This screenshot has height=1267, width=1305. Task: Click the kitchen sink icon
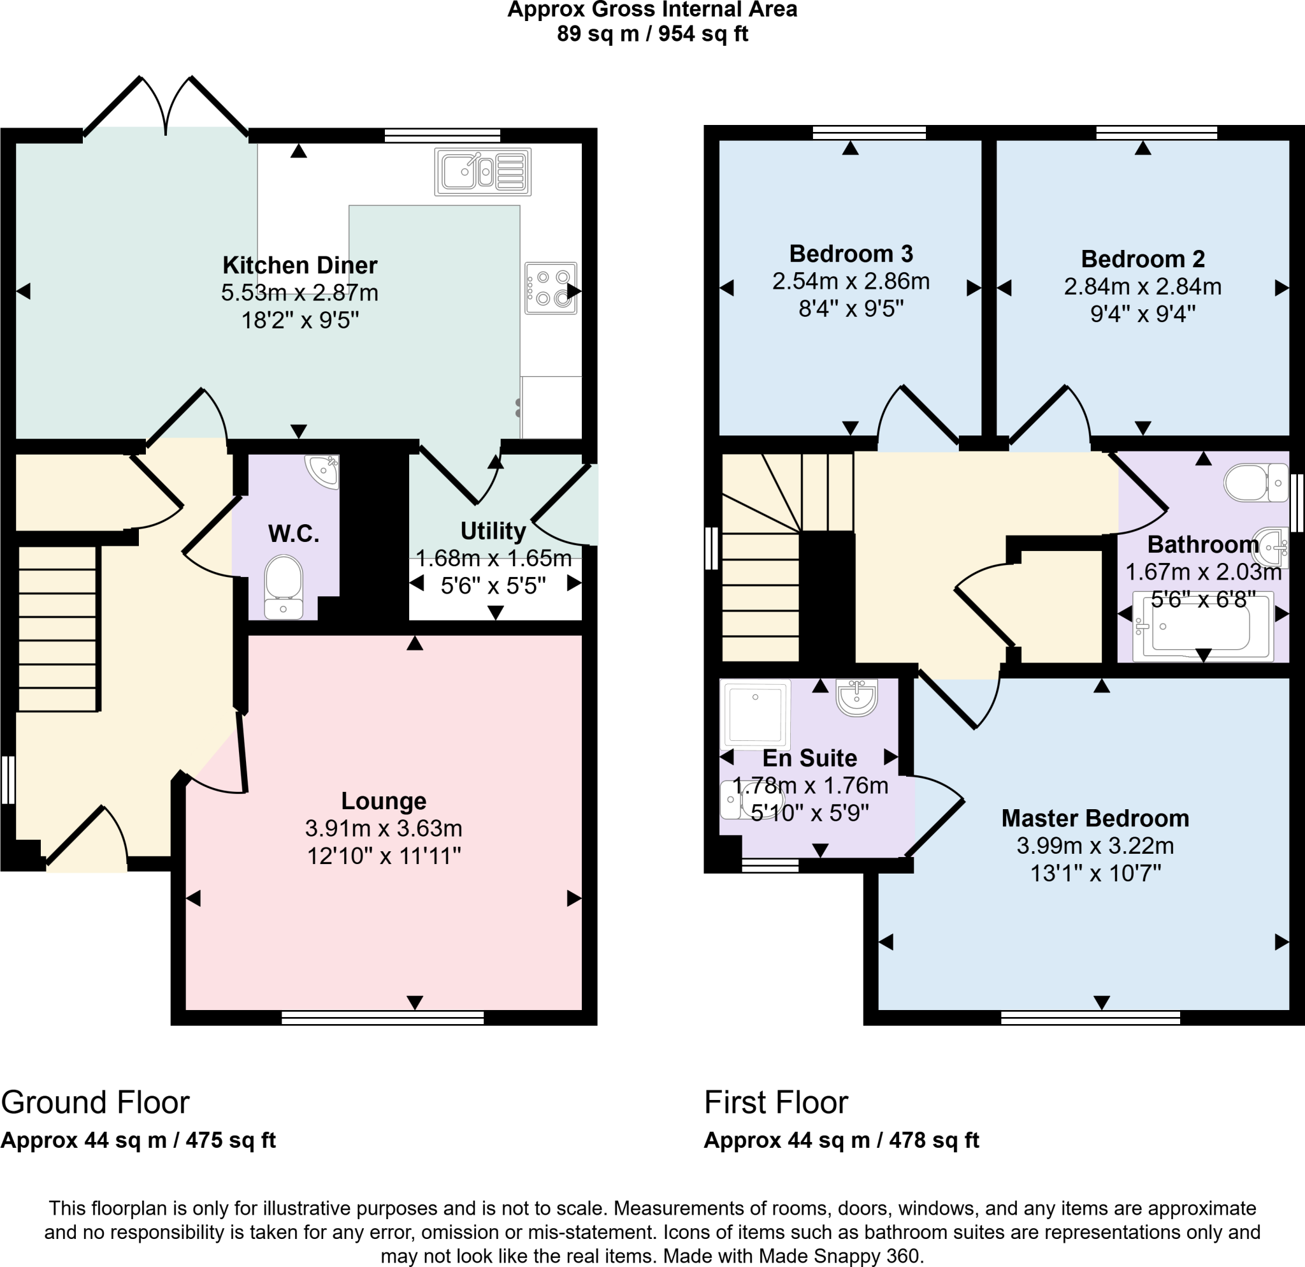pos(483,172)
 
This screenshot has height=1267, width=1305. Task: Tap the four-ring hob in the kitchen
pos(551,288)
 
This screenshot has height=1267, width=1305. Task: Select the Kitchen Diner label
pos(299,265)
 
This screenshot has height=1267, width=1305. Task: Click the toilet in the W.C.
pos(284,586)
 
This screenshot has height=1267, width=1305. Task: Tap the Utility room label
pos(493,531)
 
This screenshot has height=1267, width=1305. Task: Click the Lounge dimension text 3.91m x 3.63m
pos(384,828)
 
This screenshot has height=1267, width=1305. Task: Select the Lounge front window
pos(383,1017)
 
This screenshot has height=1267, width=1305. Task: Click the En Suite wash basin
pos(857,697)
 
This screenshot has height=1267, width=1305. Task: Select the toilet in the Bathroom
pos(1256,483)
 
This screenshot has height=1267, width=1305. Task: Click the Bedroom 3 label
pos(851,254)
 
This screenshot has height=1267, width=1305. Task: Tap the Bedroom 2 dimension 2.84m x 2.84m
pos(1143,286)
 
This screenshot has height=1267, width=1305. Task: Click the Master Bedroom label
pos(1095,818)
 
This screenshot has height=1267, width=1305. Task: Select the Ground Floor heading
pos(95,1102)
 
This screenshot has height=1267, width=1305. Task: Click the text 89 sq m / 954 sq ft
pos(652,33)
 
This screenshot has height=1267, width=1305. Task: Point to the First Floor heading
pos(775,1102)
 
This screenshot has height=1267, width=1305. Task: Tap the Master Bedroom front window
pos(1091,1017)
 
